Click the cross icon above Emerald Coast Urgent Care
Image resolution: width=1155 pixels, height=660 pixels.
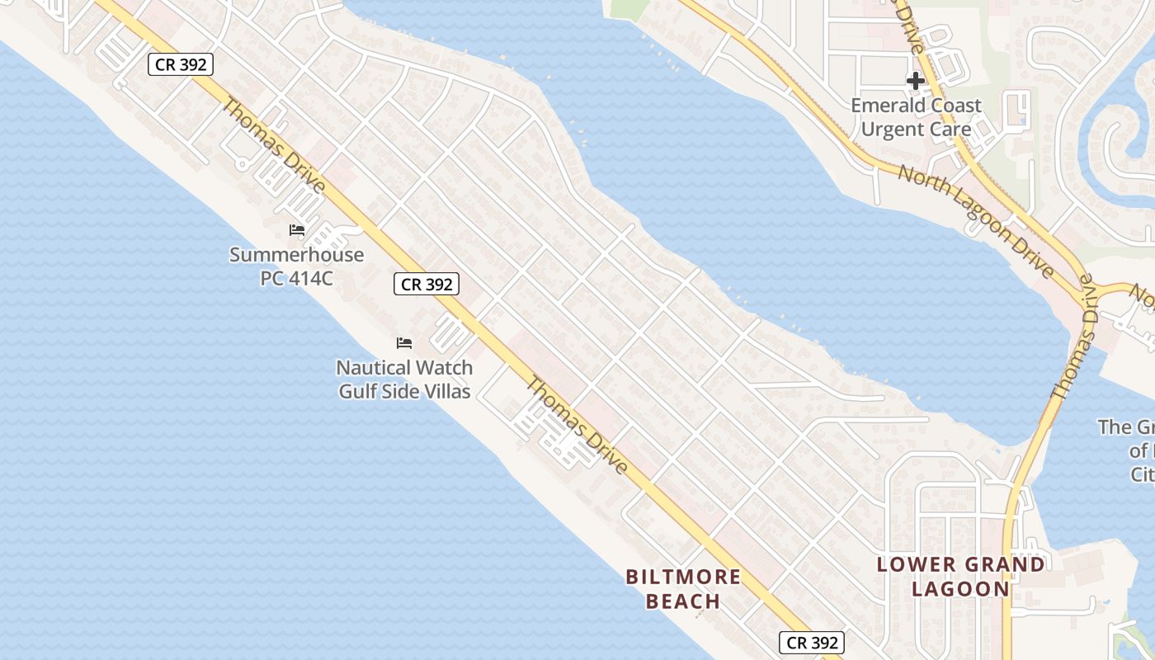(915, 81)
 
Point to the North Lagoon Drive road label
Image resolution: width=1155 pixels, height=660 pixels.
(975, 221)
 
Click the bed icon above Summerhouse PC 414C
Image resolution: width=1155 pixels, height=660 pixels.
(297, 230)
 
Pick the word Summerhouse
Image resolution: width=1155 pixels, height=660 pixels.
(296, 254)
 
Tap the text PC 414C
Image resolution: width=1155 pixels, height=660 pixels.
(296, 278)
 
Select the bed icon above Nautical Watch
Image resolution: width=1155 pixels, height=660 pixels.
(404, 343)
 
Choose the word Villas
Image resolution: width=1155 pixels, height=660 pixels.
(446, 391)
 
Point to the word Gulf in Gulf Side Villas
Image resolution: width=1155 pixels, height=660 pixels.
(356, 391)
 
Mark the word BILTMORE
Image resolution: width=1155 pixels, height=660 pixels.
(683, 577)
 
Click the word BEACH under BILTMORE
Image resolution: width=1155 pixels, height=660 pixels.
(683, 601)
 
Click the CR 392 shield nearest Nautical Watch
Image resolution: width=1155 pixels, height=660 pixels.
(426, 285)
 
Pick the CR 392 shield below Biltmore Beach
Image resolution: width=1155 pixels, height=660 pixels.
(812, 643)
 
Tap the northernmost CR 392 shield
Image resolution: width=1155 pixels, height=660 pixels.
(181, 64)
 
